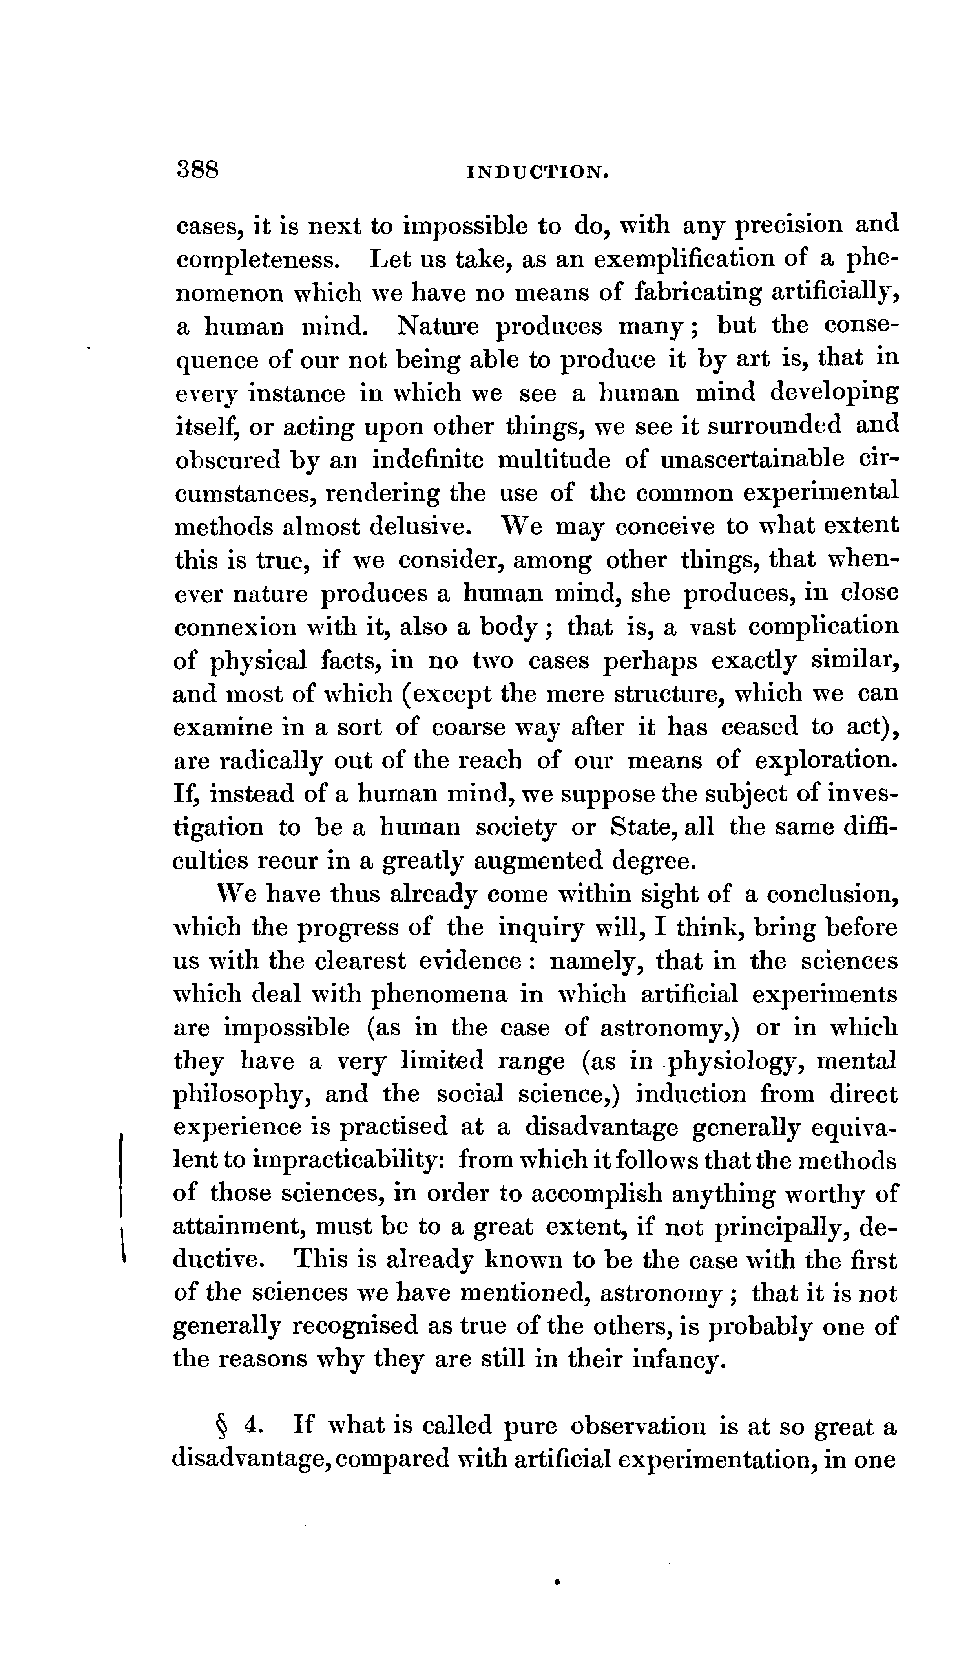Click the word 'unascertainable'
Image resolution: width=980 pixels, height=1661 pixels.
click(753, 459)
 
